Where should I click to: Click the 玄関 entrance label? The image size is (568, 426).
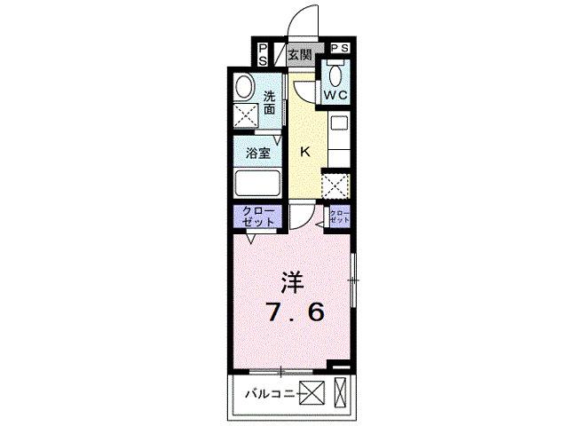[x=300, y=55]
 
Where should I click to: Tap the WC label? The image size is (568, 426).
[x=335, y=95]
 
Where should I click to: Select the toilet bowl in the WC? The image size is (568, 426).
[x=335, y=75]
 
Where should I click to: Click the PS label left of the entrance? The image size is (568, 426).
[x=263, y=55]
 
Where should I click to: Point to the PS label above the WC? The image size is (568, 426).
[x=340, y=48]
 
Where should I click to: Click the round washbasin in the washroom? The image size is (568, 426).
[x=244, y=87]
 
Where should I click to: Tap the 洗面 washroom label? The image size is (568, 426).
[x=269, y=103]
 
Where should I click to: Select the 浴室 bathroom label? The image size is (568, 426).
[x=258, y=154]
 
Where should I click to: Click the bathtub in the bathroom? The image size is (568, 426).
[x=257, y=183]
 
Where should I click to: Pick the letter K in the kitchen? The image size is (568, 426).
[x=305, y=152]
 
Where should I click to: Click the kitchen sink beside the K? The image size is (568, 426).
[x=339, y=122]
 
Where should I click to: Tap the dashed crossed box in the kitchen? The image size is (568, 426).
[x=336, y=185]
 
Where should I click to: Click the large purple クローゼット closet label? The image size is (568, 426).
[x=258, y=217]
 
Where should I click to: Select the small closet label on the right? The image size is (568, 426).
[x=340, y=217]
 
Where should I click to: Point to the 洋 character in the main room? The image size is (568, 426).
[x=292, y=282]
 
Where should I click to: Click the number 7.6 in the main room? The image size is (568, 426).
[x=295, y=312]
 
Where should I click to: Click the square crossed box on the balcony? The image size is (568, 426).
[x=312, y=393]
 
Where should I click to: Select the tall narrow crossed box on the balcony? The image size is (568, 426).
[x=340, y=391]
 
